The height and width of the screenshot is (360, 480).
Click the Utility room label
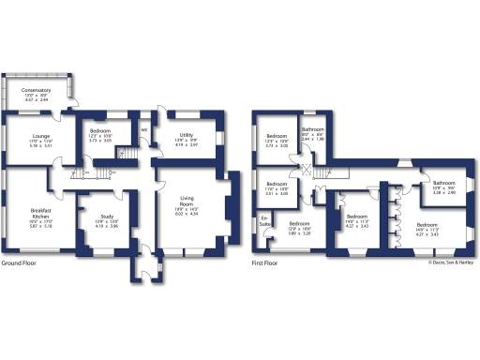click(187, 136)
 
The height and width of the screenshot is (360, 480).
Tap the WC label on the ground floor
click(143, 129)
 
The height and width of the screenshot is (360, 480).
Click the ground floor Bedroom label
click(99, 132)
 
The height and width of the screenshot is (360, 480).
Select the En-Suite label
click(265, 224)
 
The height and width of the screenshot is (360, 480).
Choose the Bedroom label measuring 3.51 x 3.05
click(277, 184)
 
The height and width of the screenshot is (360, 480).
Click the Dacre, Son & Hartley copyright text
click(446, 262)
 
